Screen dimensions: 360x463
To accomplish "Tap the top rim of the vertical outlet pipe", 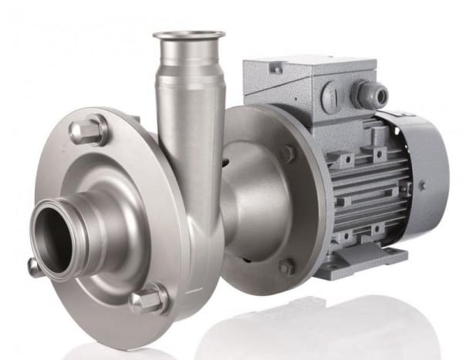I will [188, 35].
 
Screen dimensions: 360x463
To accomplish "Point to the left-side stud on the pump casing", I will [34, 267].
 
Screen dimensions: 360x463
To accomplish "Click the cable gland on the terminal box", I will [362, 95].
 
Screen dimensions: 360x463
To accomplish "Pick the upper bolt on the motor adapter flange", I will [287, 153].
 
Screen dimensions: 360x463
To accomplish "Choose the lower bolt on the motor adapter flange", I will [286, 267].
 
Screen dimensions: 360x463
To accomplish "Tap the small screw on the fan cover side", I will [423, 185].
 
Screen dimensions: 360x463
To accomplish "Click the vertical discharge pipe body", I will [188, 108].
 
